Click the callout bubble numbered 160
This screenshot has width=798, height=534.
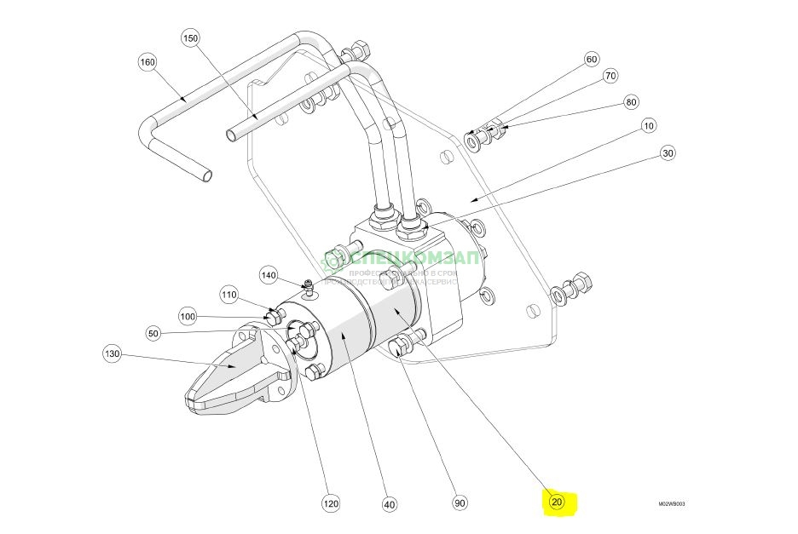click(x=148, y=62)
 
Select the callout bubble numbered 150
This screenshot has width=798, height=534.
click(x=190, y=38)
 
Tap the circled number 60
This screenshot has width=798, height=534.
click(x=592, y=60)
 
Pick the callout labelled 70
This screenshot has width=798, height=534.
click(x=610, y=76)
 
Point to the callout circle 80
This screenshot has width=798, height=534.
click(x=631, y=102)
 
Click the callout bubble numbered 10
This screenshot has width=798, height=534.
click(x=649, y=126)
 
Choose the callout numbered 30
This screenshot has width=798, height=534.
click(x=668, y=153)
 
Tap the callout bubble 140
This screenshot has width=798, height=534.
click(x=269, y=275)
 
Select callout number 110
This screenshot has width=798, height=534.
click(x=229, y=295)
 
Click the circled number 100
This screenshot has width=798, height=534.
click(x=188, y=316)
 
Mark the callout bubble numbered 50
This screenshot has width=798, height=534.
click(x=153, y=332)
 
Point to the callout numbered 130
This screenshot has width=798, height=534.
click(x=113, y=353)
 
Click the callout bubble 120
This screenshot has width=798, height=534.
click(x=331, y=503)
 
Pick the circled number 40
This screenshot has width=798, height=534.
click(x=390, y=503)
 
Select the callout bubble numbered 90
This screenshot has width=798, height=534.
click(x=460, y=503)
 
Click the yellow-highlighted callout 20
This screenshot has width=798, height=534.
click(x=558, y=502)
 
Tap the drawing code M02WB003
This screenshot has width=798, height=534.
click(x=671, y=503)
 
